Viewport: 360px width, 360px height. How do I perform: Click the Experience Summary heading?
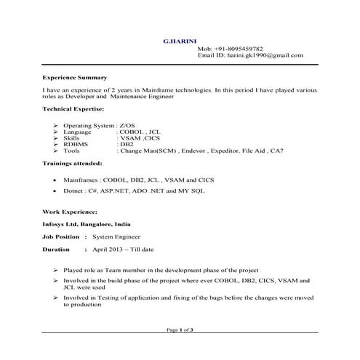[x=74, y=77]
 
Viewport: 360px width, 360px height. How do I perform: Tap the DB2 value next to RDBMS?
[x=127, y=145]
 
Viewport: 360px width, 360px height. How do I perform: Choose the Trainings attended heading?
[x=72, y=165]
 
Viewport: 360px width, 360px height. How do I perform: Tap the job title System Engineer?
[x=116, y=237]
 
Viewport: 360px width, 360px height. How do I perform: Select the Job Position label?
[x=61, y=237]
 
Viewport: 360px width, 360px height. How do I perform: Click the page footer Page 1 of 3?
[x=180, y=330]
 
